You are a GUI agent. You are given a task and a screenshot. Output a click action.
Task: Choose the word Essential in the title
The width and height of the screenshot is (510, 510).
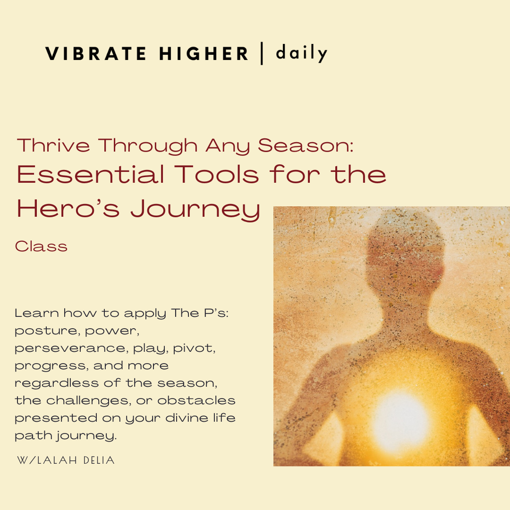pos(91,175)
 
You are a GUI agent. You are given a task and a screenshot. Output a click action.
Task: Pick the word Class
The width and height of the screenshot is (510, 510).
pos(41,246)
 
